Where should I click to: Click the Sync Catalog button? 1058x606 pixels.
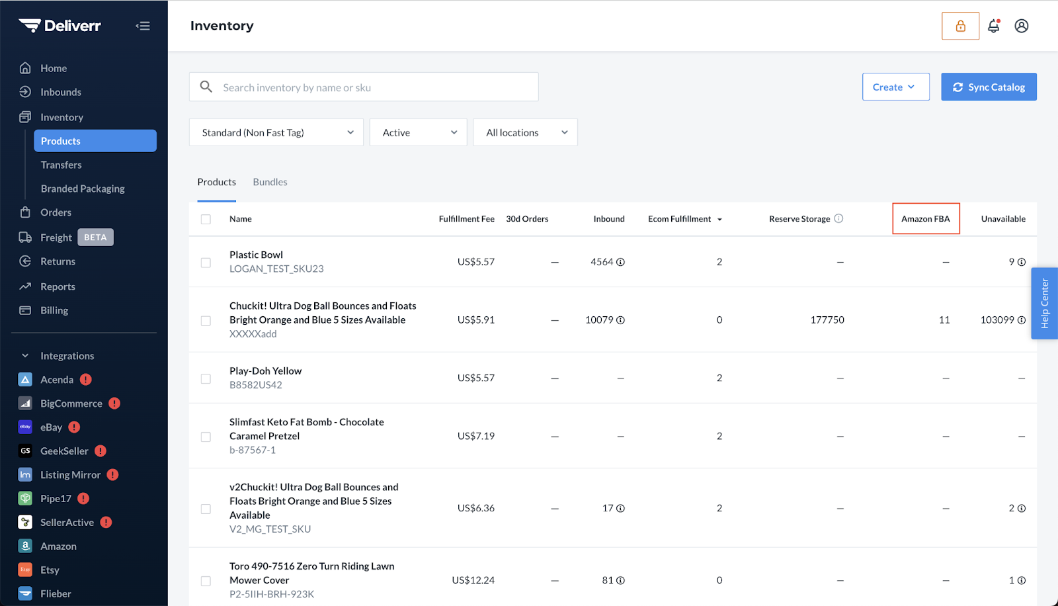point(989,87)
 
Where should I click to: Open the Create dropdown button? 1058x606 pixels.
point(895,87)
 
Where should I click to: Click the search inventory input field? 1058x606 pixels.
point(364,87)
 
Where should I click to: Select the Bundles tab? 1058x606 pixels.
point(270,182)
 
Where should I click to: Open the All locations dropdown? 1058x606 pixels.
point(525,132)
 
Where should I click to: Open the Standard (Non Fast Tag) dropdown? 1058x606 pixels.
point(276,132)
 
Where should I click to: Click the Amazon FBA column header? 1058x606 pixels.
point(926,219)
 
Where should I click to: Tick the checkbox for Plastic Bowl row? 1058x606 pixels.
point(206,263)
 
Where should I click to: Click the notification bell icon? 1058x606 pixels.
point(994,26)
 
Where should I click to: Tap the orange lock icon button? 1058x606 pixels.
point(960,26)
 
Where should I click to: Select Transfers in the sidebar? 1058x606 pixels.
point(61,165)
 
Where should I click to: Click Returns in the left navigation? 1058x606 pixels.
point(58,261)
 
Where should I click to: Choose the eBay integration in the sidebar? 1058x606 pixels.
point(51,427)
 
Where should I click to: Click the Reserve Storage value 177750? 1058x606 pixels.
point(827,320)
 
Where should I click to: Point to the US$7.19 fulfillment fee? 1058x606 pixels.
point(475,436)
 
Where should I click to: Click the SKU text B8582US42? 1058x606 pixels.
point(255,385)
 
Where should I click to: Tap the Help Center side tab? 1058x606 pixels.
point(1044,304)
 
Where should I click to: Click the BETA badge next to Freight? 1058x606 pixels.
point(95,238)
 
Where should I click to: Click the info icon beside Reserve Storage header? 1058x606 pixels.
point(838,218)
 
